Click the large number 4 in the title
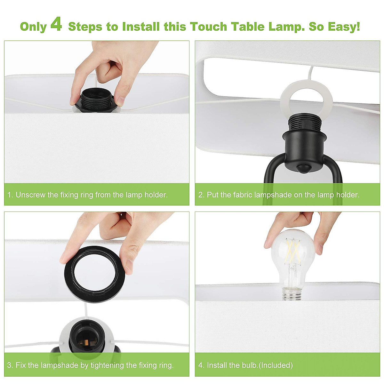(x=56, y=25)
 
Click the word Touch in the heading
(x=209, y=27)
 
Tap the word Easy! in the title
(x=344, y=27)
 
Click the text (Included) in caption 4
(x=276, y=365)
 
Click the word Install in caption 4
(x=216, y=365)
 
